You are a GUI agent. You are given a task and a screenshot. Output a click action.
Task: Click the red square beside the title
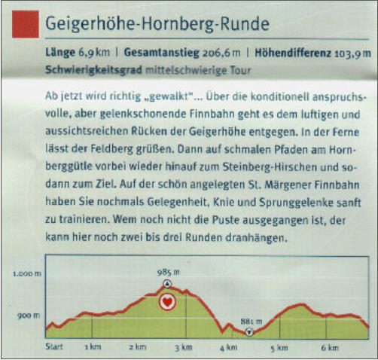tap(26, 24)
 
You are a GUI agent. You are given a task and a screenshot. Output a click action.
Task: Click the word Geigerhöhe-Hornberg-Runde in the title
tap(157, 24)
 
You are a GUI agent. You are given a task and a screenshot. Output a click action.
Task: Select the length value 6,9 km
tap(94, 53)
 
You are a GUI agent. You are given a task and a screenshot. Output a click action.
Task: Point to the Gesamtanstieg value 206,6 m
tap(221, 53)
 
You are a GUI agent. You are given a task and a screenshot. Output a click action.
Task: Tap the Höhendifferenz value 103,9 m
tap(352, 53)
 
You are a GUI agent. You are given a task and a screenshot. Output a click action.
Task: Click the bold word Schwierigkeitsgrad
tap(93, 69)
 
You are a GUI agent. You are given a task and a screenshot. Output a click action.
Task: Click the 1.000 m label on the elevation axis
tap(27, 273)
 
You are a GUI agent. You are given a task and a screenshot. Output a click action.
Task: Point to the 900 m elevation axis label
tap(29, 316)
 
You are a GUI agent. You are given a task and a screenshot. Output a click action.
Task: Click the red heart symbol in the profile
tap(167, 302)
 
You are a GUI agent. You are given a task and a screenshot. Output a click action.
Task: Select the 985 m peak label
tap(169, 273)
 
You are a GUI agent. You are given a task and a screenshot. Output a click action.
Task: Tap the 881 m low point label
tap(251, 322)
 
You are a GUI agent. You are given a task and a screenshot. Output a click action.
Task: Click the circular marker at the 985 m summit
tap(167, 284)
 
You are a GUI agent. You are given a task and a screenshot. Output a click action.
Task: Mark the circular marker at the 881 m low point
tap(249, 332)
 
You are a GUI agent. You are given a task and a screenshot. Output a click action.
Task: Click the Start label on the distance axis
tap(54, 347)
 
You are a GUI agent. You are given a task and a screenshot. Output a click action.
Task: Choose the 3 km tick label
tap(184, 348)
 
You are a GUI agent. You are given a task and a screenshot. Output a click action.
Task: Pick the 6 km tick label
tap(330, 348)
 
